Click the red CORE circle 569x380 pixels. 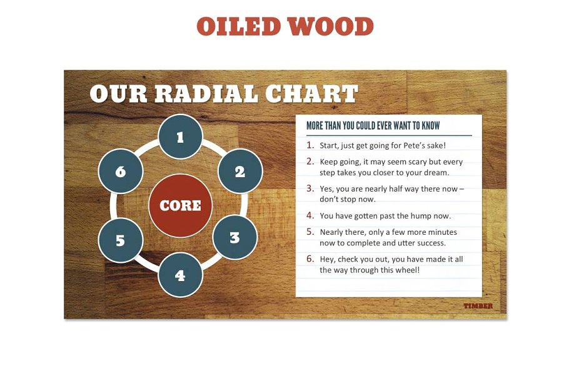180,205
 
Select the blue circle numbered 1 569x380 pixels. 180,137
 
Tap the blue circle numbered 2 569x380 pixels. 240,171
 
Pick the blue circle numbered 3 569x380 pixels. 234,237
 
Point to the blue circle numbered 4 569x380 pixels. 180,275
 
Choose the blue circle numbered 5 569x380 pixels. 121,240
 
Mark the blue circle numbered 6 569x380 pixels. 121,171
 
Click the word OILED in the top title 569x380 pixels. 238,26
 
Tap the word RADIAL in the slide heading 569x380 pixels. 206,94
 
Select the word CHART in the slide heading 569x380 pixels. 311,94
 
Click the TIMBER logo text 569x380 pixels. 478,306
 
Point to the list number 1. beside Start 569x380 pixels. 310,145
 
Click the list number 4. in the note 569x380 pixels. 310,215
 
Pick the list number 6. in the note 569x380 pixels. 310,259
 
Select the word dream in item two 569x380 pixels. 436,173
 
